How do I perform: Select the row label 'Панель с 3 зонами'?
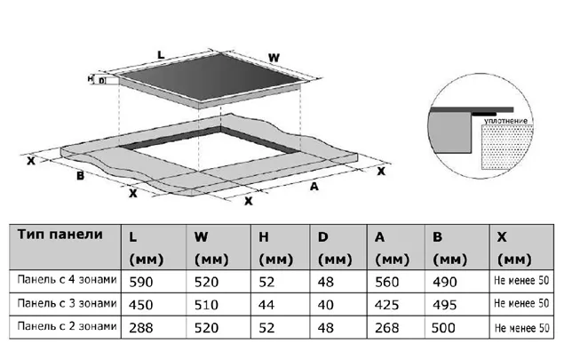pyautogui.click(x=67, y=303)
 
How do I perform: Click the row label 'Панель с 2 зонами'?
pyautogui.click(x=67, y=325)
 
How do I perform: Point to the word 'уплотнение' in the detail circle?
pyautogui.click(x=507, y=118)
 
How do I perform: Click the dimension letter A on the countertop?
pyautogui.click(x=314, y=187)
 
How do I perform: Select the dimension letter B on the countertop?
pyautogui.click(x=80, y=175)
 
